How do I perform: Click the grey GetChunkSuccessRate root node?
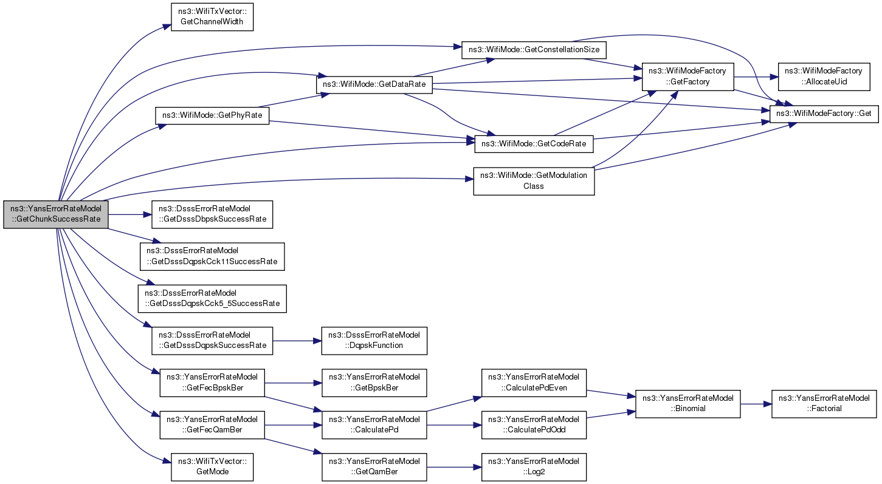coord(55,214)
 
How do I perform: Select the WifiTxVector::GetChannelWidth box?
coord(212,17)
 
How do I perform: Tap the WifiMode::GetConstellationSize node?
coord(534,50)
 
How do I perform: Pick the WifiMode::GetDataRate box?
coord(374,84)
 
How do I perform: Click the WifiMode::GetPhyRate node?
coord(212,115)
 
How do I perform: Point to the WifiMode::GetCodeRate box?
coord(534,144)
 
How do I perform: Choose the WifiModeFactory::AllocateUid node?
coord(823,77)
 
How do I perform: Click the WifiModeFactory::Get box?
coord(824,114)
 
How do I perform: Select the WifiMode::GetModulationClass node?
coord(534,181)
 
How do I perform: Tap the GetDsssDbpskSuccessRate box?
coord(212,214)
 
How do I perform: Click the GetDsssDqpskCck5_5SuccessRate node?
coord(212,299)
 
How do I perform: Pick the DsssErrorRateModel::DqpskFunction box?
coord(374,341)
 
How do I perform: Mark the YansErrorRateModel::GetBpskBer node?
coord(374,383)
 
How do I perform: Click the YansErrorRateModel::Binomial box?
coord(687,404)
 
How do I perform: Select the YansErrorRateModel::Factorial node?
coord(824,404)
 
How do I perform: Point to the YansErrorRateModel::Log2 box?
coord(534,467)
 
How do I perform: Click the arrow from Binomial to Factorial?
coord(756,404)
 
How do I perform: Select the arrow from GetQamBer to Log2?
coord(454,467)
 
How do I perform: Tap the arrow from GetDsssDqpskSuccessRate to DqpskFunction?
coord(297,341)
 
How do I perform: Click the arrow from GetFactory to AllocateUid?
coord(756,77)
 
